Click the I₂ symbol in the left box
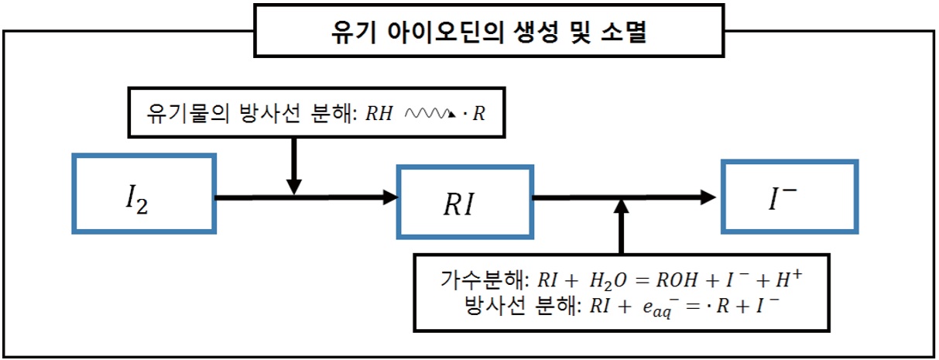[x=137, y=200]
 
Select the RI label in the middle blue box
[x=459, y=204]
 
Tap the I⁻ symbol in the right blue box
[x=782, y=199]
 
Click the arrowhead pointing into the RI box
[x=391, y=197]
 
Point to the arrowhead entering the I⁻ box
[x=708, y=197]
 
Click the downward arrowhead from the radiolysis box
[x=294, y=187]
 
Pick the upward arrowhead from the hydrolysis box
[x=622, y=207]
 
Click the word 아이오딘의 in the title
[x=445, y=32]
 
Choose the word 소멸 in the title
[x=623, y=32]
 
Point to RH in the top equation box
[x=379, y=113]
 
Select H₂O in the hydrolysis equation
[x=608, y=281]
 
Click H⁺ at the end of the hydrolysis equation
[x=789, y=278]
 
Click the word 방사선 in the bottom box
[x=495, y=306]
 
